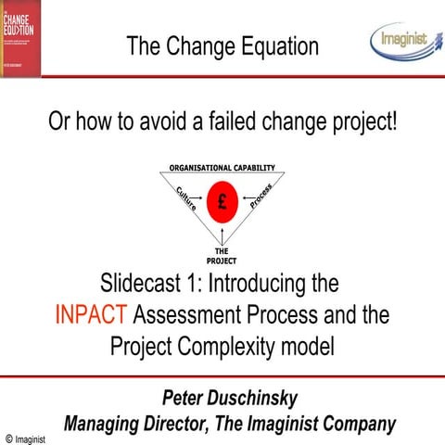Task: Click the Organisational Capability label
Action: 222,168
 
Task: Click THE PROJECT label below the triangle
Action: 222,256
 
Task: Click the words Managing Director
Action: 138,424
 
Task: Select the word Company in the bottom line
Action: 357,424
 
